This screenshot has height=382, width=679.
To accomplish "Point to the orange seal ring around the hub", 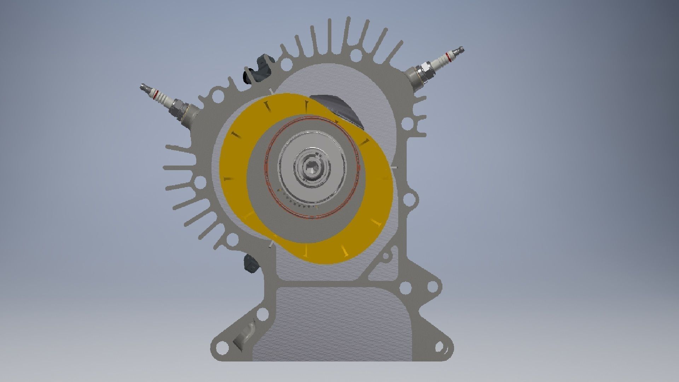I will (266, 166).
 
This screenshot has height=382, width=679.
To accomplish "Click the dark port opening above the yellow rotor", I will (339, 108).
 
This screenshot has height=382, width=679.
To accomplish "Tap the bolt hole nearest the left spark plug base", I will (218, 95).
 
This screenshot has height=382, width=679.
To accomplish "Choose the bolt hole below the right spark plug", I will (407, 123).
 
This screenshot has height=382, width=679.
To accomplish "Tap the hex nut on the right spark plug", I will (423, 72).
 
